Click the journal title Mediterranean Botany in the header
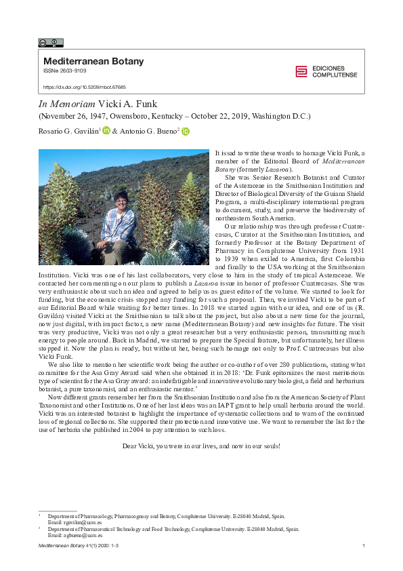93,62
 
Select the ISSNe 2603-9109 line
64,71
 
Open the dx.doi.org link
85,87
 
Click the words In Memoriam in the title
65,104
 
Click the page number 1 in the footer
364,546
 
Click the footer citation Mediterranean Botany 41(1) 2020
73,546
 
